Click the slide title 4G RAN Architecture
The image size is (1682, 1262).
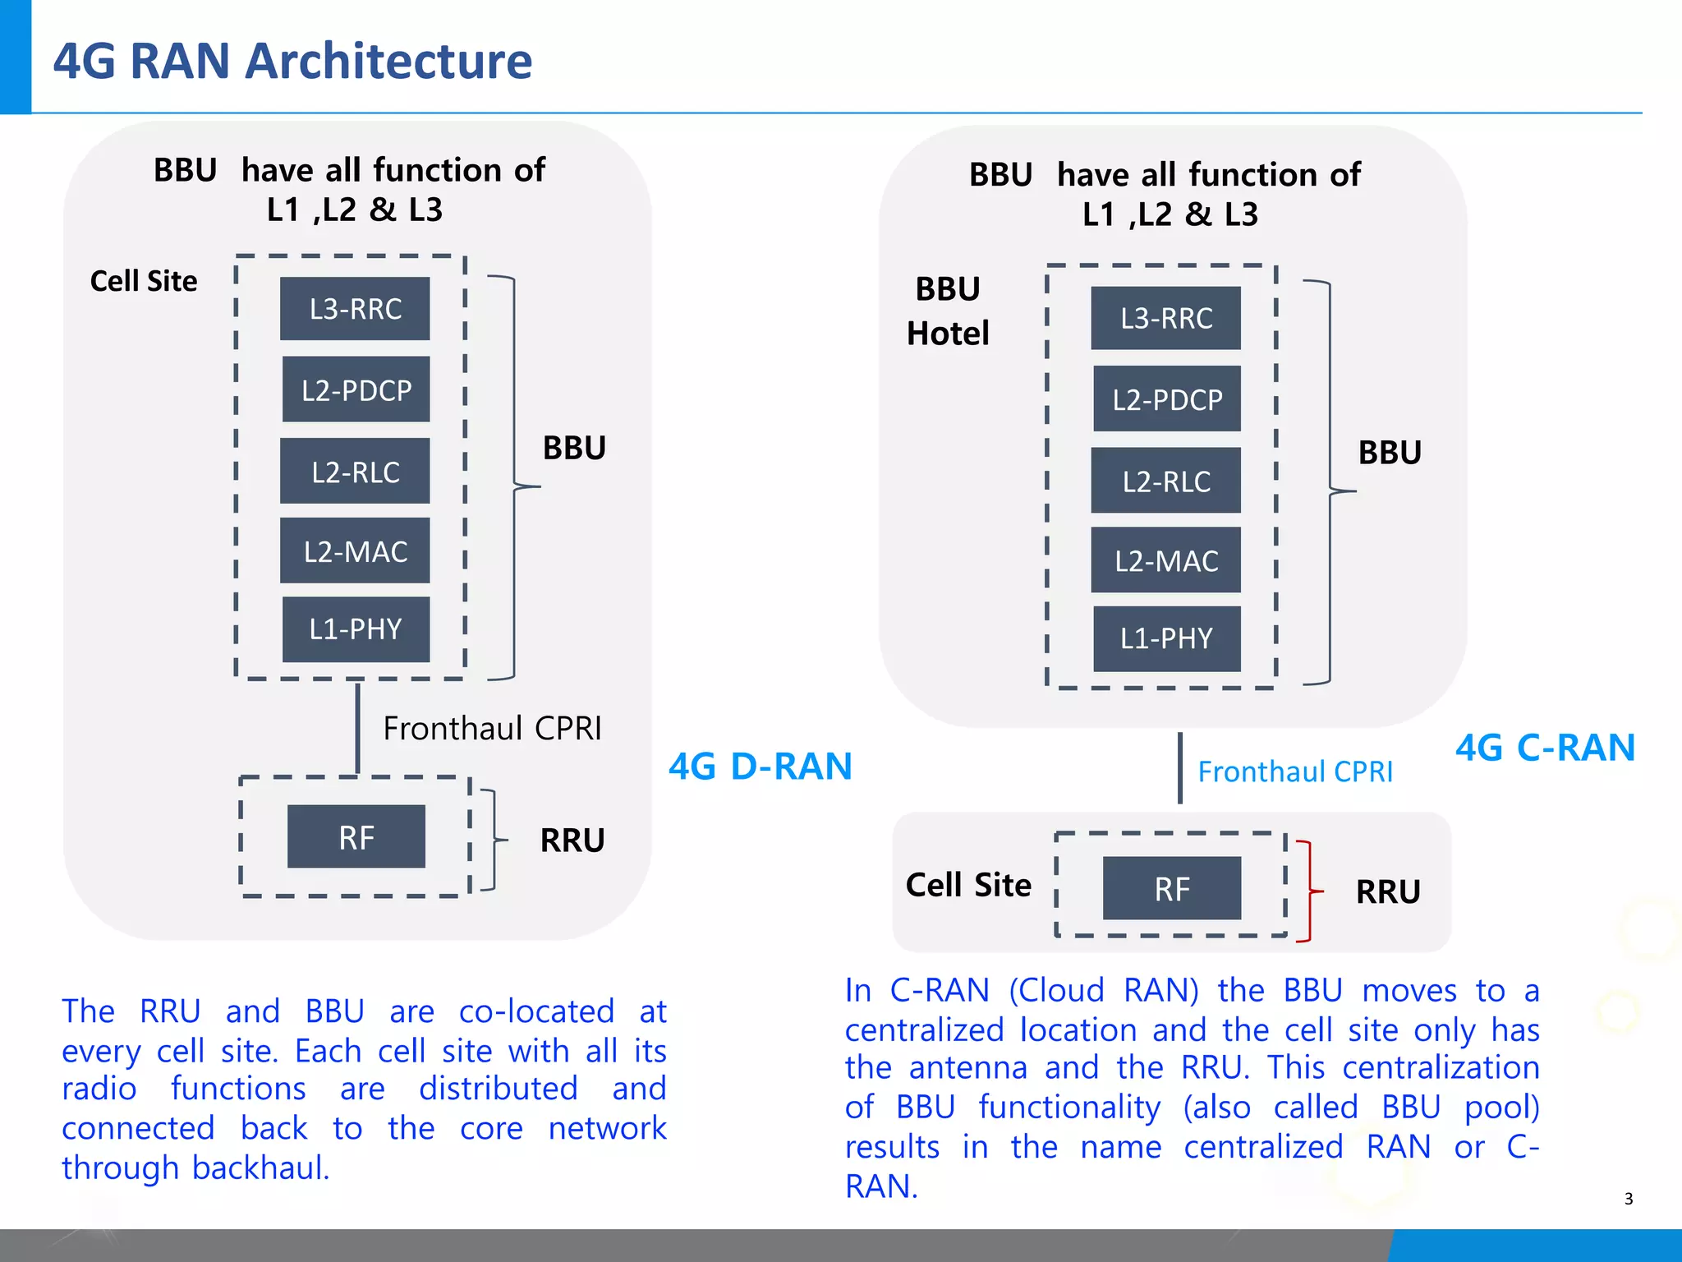292,62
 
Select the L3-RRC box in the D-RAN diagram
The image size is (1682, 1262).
355,309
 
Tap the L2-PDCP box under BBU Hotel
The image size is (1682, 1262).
1166,399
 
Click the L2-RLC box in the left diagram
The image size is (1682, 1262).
355,472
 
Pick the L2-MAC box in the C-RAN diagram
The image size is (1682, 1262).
1165,561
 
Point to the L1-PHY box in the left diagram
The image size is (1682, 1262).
356,629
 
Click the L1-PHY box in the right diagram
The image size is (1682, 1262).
1166,638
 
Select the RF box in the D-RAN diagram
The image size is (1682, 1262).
356,837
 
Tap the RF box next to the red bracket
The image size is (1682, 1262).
1171,889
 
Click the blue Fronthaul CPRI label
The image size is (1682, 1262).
1295,772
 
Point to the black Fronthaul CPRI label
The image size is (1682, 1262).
492,729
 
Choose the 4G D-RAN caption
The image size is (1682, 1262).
760,767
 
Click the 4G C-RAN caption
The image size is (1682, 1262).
1545,748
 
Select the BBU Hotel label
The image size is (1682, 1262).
948,311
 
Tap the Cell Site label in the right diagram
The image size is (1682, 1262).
968,885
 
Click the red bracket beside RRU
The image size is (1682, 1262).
1308,891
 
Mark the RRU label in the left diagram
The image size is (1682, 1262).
572,841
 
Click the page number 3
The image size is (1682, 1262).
1629,1199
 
